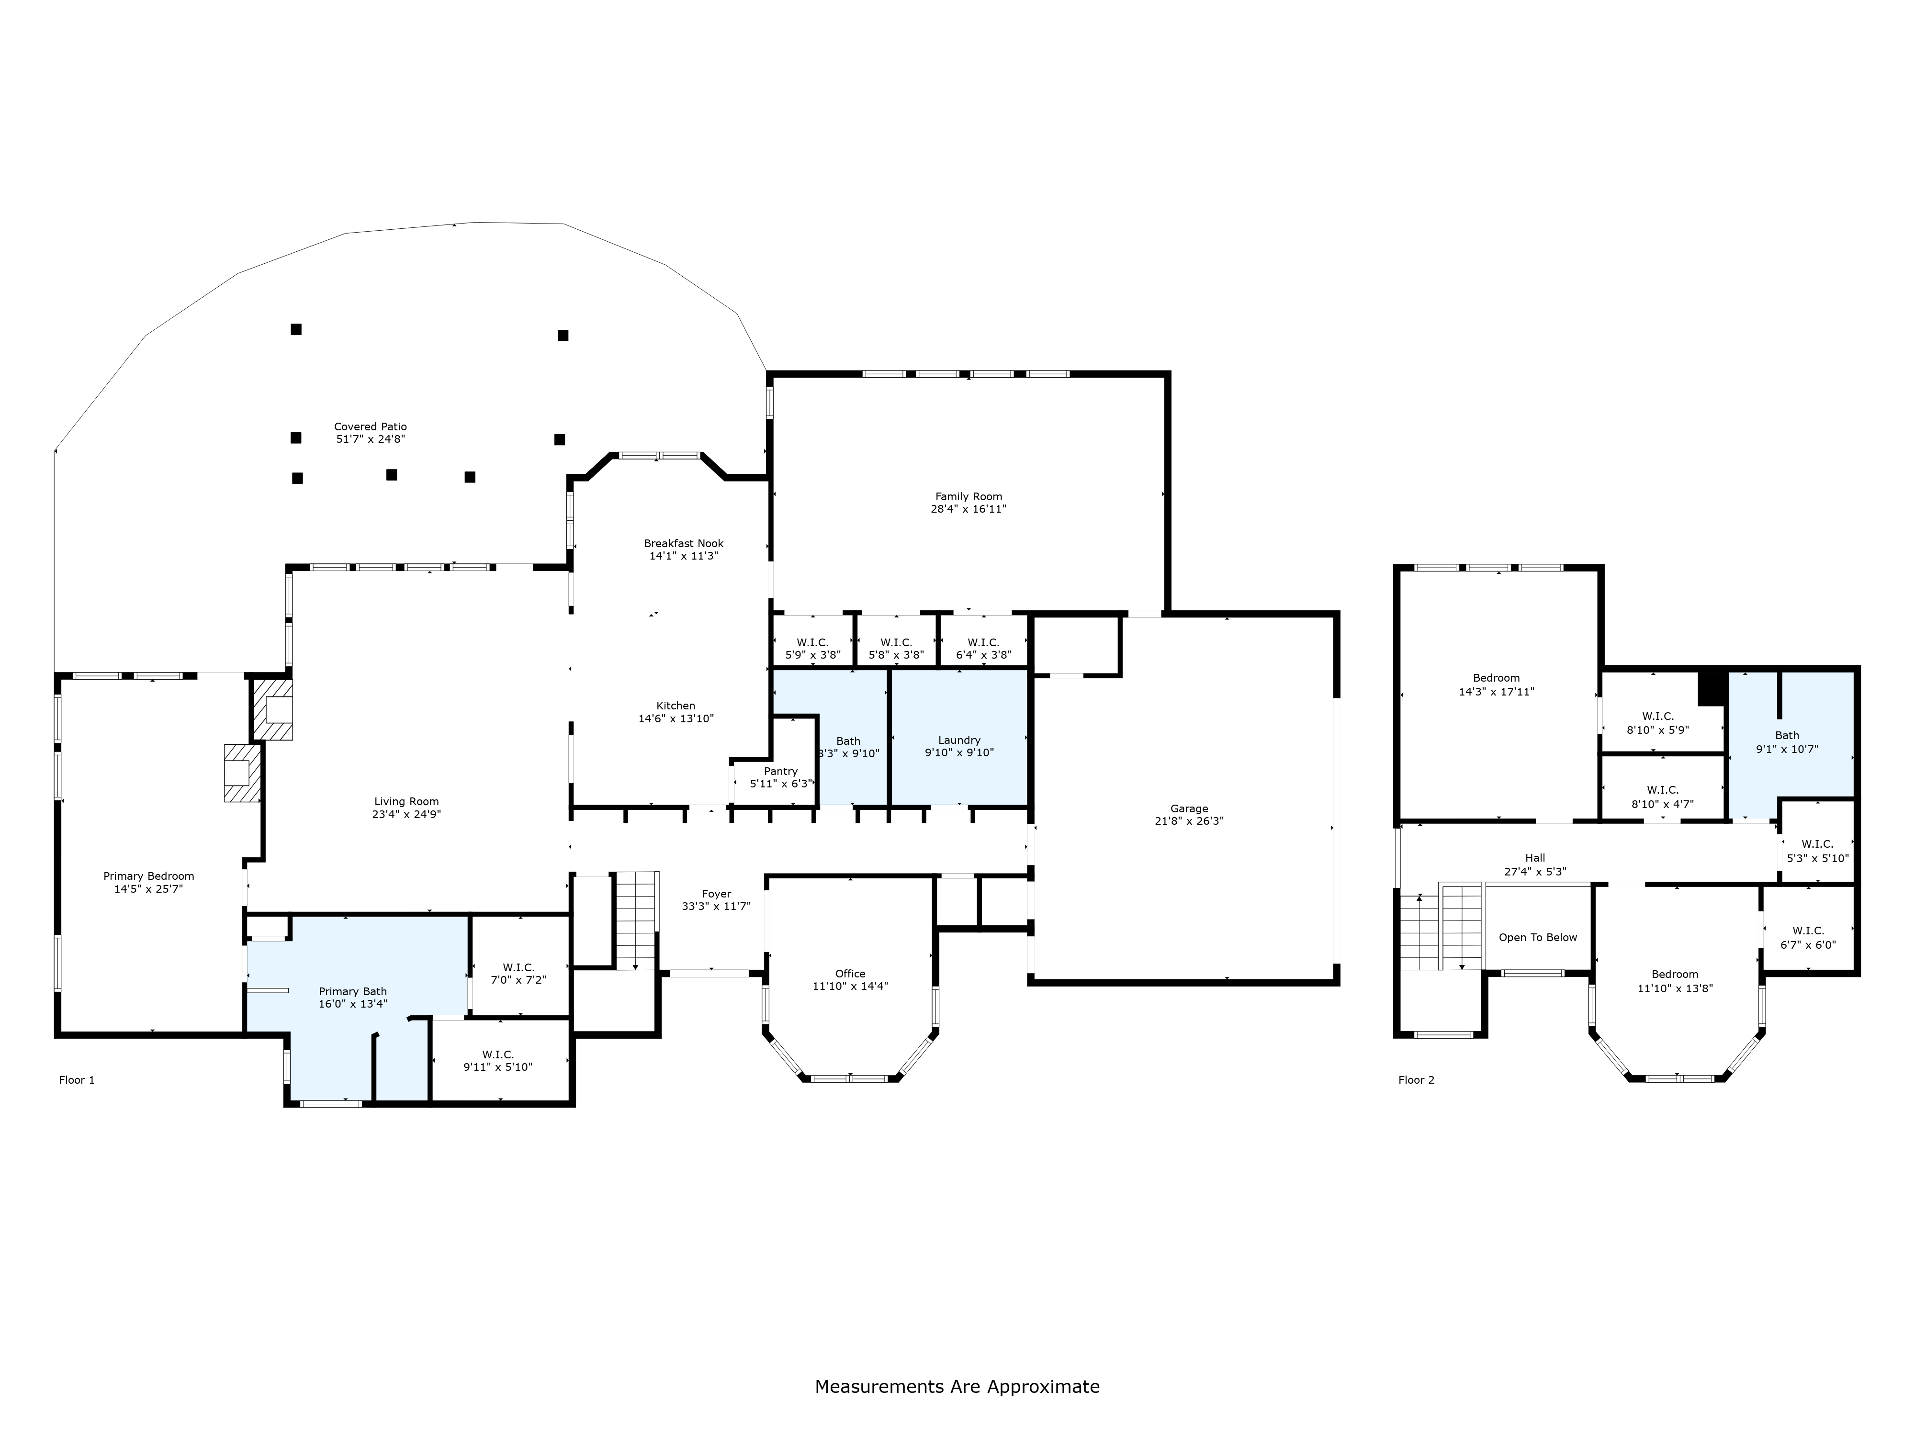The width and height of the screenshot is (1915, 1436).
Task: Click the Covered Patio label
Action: pos(371,427)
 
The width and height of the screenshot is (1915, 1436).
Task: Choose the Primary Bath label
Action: pos(352,992)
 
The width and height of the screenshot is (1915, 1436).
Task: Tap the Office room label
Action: pos(850,974)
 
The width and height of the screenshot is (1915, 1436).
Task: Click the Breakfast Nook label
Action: pos(683,544)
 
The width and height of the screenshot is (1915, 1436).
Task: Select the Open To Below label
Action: pos(1538,937)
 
